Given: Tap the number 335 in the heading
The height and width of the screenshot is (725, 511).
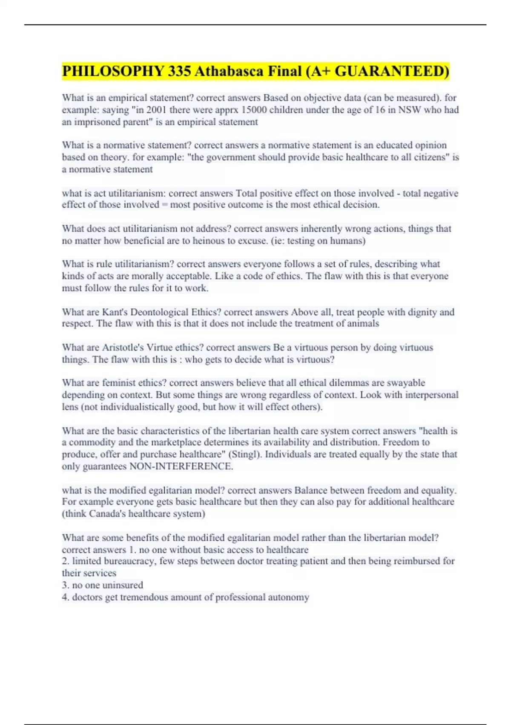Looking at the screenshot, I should pos(179,71).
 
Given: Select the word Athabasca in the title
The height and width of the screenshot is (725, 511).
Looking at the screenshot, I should pos(228,71).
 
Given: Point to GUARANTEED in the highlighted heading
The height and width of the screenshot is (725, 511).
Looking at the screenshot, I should pos(392,71).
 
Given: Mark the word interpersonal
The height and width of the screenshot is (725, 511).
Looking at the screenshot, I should pos(431,395).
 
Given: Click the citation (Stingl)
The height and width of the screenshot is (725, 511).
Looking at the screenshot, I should pos(246,455).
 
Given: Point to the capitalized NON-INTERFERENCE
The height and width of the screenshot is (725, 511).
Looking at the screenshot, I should pos(181,467).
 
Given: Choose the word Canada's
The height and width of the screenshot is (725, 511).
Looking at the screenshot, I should pos(107,514).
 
